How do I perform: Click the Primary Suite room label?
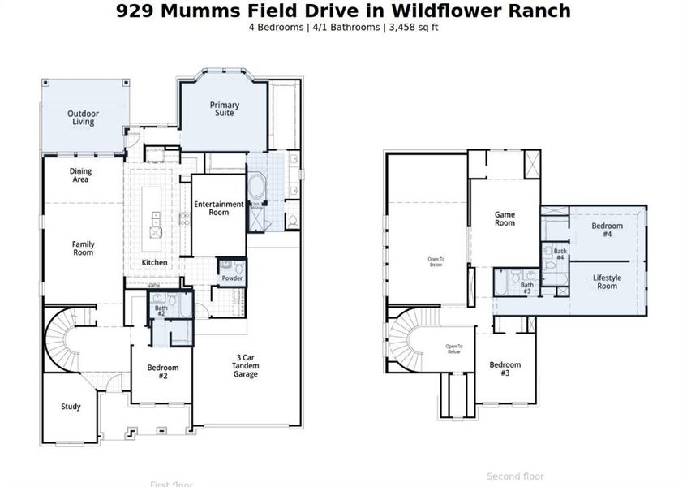tap(225, 109)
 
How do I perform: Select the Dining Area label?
tap(80, 175)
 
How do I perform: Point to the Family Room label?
tap(83, 248)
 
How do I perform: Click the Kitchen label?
tap(155, 263)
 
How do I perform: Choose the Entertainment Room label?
tap(218, 209)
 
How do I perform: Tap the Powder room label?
tap(233, 279)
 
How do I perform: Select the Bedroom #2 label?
tap(162, 372)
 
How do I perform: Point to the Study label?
tap(71, 407)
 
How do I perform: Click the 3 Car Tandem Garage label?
tap(247, 366)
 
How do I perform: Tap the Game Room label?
tap(505, 218)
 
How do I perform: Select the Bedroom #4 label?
tap(607, 230)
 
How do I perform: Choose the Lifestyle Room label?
tap(607, 282)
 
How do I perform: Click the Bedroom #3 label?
tap(505, 369)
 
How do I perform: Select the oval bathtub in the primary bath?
tap(256, 189)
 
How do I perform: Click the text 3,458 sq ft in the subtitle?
tap(414, 27)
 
